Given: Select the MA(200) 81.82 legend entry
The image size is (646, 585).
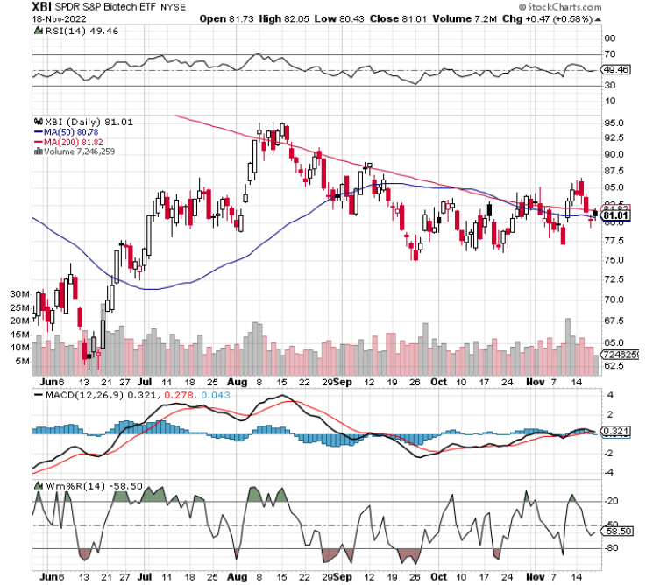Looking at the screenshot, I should pos(75,141).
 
